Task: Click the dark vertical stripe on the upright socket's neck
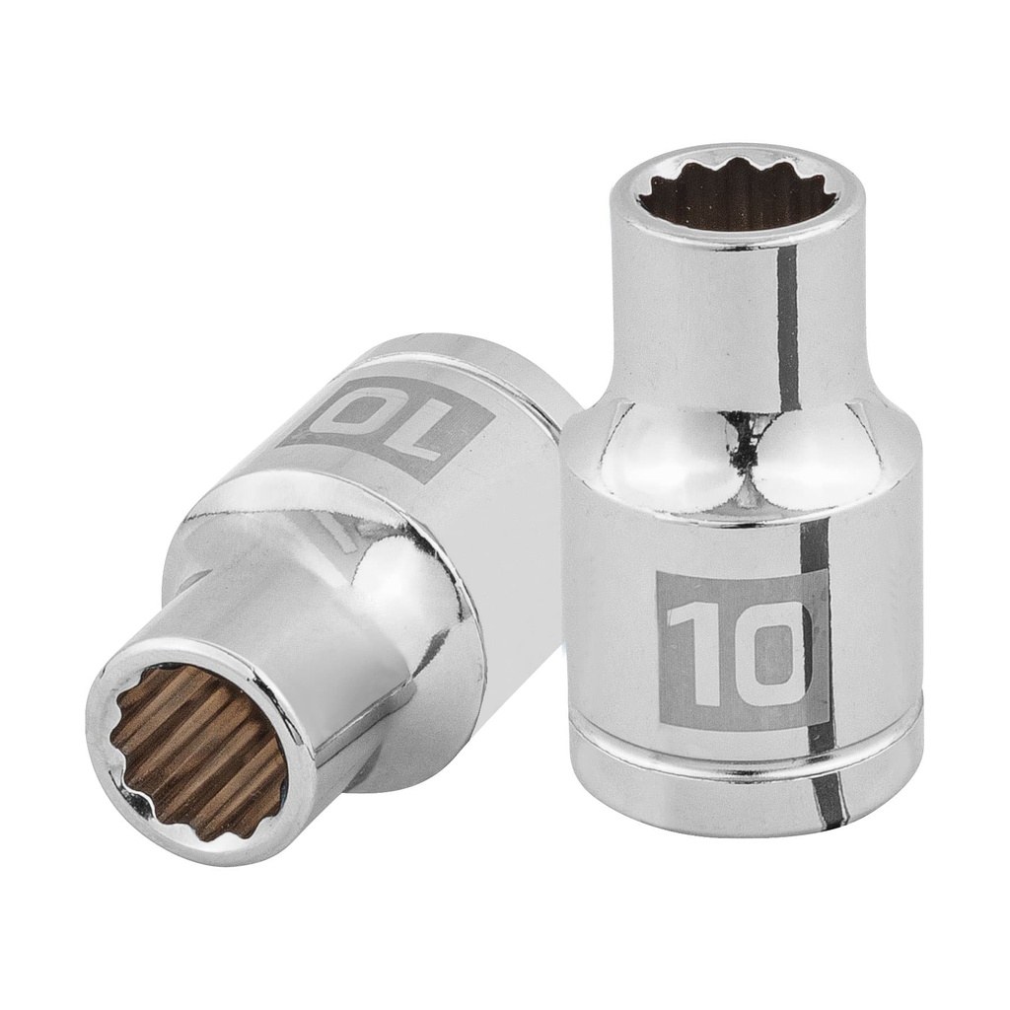[x=786, y=325]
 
